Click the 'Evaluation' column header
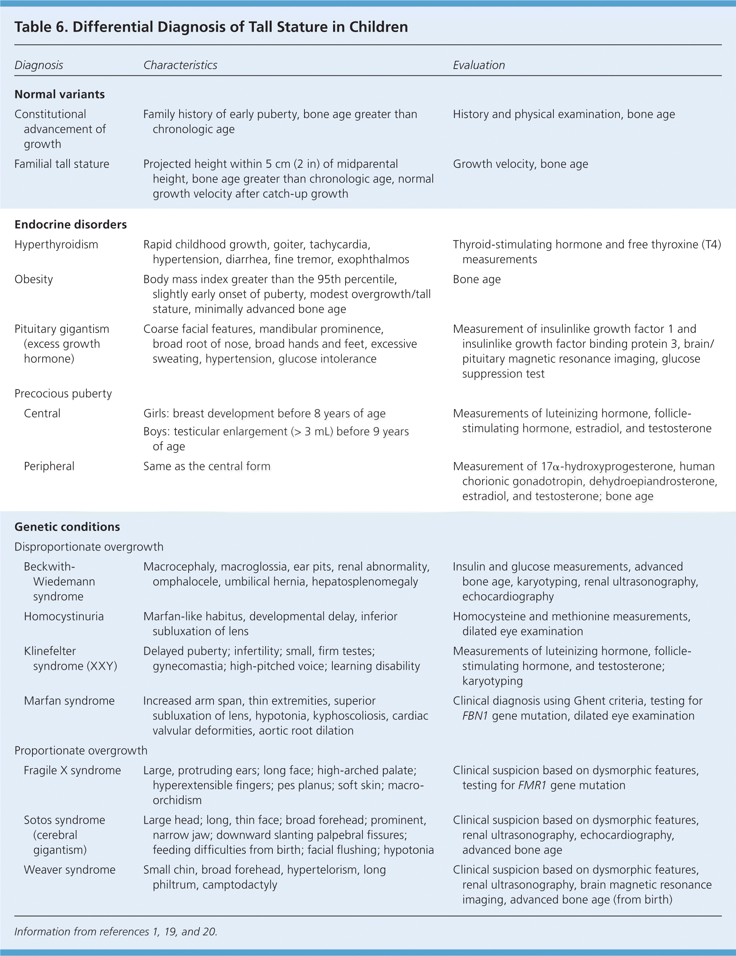tap(479, 65)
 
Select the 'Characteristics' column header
tap(180, 65)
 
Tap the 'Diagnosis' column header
tap(38, 65)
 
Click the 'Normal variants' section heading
tap(60, 94)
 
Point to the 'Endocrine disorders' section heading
tap(71, 224)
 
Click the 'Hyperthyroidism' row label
tap(56, 244)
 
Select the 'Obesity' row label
tap(34, 279)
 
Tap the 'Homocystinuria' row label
tap(63, 616)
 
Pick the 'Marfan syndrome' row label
tap(69, 701)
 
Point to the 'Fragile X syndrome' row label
tap(72, 770)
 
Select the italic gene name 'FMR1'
tap(532, 785)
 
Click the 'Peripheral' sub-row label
tap(49, 466)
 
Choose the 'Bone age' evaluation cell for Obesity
tap(477, 279)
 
